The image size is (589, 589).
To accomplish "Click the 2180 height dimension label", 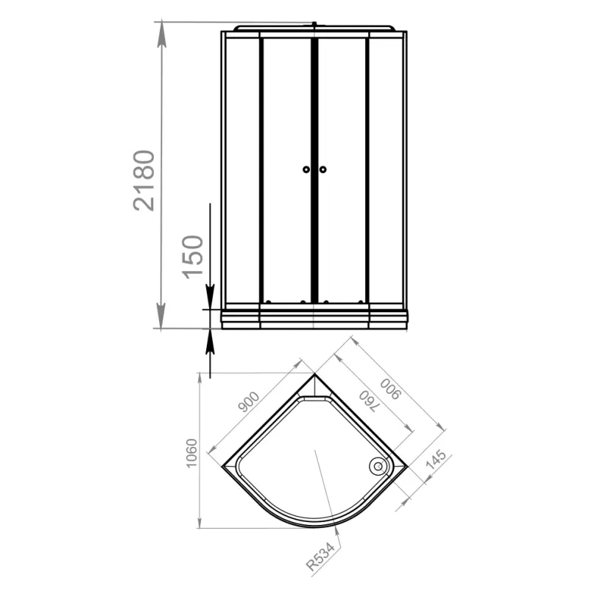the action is click(144, 180).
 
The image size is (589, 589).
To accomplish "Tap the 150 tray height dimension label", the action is click(193, 257).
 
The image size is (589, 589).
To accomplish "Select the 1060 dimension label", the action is click(192, 453).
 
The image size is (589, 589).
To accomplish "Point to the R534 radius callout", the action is click(320, 557).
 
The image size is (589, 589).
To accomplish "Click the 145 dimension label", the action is click(436, 459).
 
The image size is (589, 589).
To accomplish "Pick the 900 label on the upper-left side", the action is click(249, 401).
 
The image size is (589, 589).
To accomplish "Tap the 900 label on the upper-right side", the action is click(391, 389).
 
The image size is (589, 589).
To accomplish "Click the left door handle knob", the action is click(306, 169).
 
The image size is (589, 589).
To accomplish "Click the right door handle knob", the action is click(322, 169).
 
